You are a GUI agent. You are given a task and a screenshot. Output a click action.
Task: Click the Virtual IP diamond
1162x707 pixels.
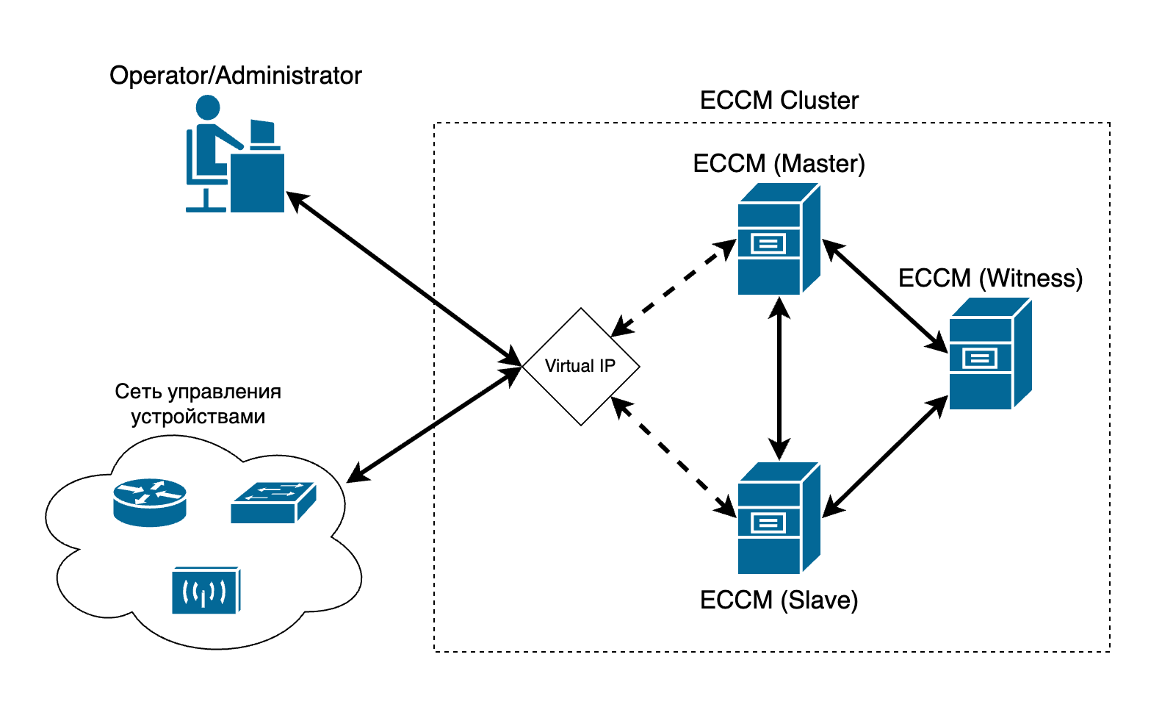580,366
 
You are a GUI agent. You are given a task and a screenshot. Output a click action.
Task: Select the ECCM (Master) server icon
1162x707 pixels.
778,240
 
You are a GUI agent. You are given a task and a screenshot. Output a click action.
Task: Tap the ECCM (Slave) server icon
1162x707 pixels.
778,518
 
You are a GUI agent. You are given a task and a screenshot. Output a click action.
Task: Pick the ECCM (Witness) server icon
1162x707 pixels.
989,354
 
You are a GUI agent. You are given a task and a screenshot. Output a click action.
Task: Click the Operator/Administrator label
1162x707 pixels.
235,76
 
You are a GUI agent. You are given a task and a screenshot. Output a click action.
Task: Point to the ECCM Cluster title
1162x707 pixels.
779,101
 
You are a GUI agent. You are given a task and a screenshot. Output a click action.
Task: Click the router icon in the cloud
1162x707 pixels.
150,502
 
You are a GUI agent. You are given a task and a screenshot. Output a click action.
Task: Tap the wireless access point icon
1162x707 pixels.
206,590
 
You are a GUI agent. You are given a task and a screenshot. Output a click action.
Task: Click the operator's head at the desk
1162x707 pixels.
208,107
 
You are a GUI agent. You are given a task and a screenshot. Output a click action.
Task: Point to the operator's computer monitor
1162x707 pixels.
262,133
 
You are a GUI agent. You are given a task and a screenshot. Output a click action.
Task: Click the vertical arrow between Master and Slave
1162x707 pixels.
779,378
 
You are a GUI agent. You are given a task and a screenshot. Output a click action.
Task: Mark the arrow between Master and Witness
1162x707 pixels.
885,295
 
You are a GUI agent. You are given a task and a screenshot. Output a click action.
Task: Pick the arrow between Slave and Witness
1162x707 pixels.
885,456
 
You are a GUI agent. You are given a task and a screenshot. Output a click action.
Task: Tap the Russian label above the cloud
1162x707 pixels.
198,404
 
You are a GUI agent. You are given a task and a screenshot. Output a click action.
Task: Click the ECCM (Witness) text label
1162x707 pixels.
989,279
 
